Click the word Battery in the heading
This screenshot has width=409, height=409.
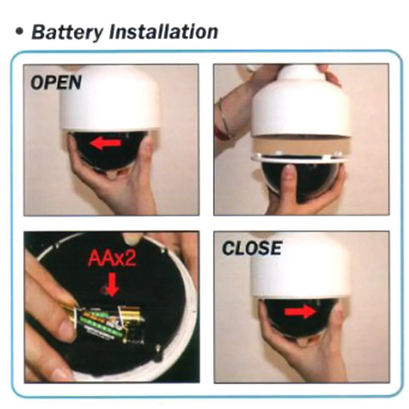[67, 32]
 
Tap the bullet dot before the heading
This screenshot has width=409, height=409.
[19, 32]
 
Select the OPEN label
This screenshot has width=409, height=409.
[56, 83]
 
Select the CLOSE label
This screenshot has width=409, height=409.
[252, 248]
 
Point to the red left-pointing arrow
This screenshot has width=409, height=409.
[105, 143]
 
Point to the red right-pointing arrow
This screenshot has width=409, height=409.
[300, 311]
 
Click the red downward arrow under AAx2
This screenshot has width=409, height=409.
[112, 284]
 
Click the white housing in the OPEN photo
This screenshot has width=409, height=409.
[110, 99]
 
